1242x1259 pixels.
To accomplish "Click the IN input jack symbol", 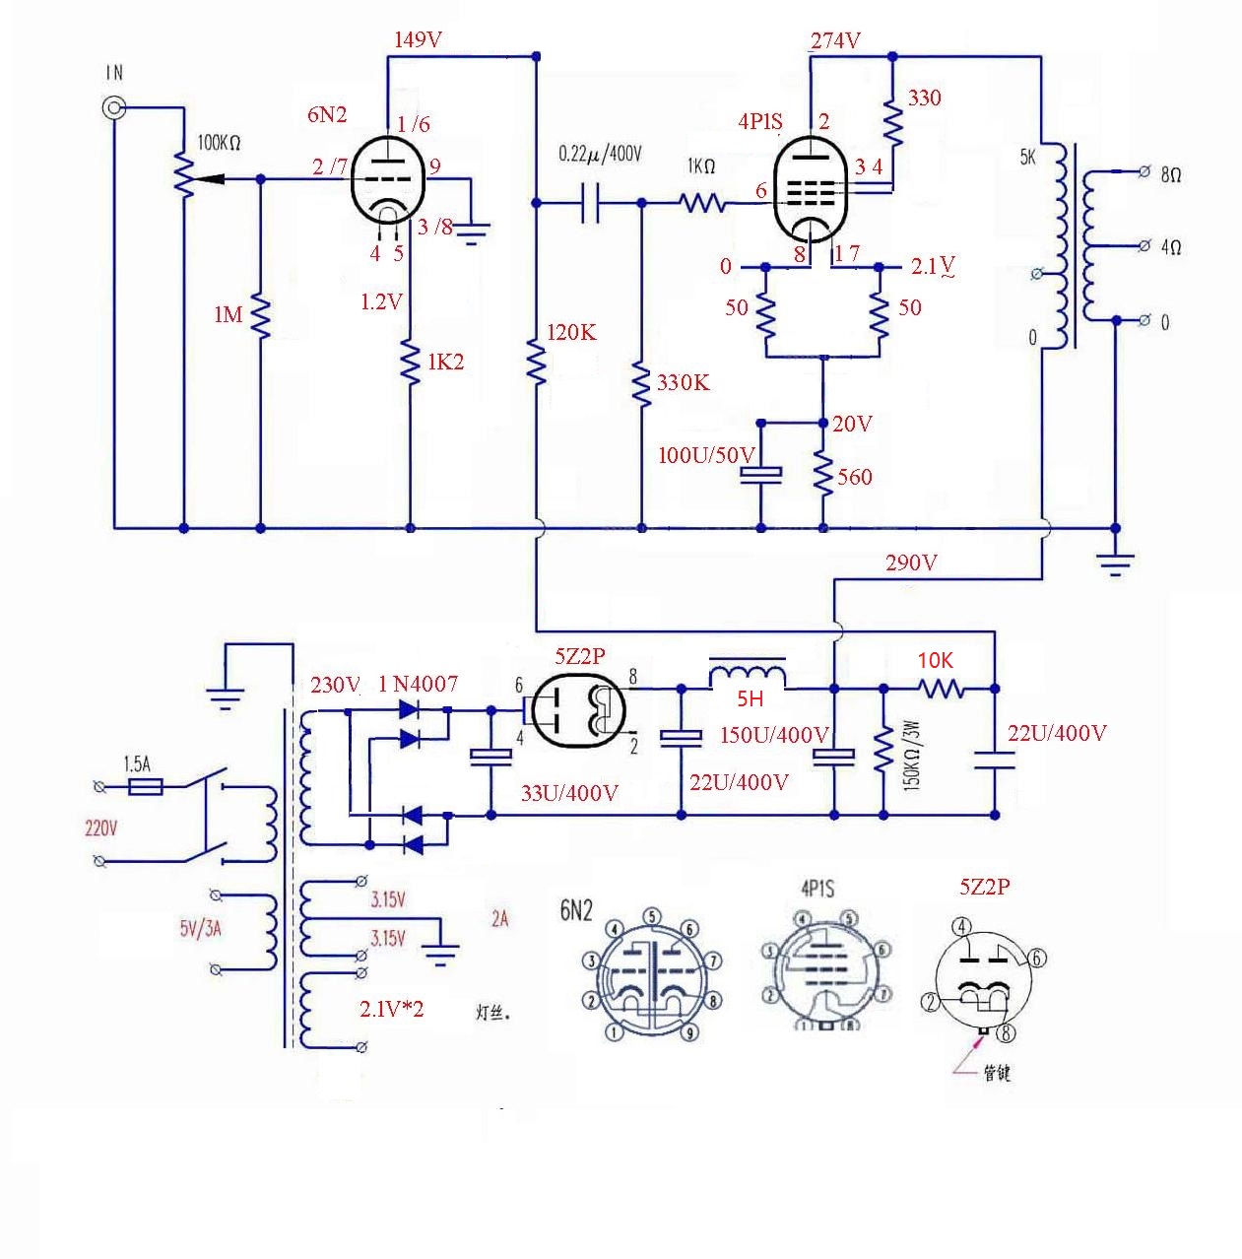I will tap(115, 106).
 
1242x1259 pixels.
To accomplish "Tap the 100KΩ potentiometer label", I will tap(218, 143).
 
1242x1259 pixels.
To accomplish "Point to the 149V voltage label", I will tap(418, 40).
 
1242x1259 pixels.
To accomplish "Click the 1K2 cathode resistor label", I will tap(445, 363).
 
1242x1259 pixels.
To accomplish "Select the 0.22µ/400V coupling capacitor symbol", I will tap(590, 204).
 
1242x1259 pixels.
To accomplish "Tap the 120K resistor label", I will tap(571, 333).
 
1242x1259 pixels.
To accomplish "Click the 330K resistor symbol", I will tap(641, 384).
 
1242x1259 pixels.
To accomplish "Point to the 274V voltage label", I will tap(835, 40).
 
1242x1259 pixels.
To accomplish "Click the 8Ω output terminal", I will tap(1144, 172).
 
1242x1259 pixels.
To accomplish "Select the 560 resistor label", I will tap(855, 478).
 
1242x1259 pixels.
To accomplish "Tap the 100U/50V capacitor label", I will tap(706, 455).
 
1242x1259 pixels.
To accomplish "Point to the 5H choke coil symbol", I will tap(748, 675).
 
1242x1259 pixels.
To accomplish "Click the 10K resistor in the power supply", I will tap(942, 689).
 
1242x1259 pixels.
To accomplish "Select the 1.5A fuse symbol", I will tap(147, 786).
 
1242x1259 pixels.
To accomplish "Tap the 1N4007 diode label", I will tap(418, 684).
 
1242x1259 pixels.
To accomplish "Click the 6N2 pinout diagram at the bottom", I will tap(650, 975).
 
